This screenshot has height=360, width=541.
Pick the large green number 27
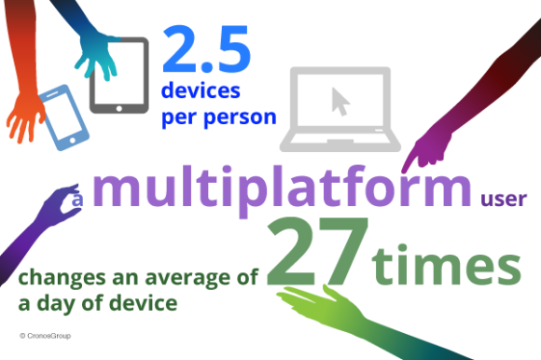(x=318, y=253)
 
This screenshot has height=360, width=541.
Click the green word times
(x=447, y=265)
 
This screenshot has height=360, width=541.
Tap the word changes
(x=54, y=279)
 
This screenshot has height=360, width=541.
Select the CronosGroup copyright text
(x=45, y=334)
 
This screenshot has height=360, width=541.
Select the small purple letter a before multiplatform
(x=78, y=200)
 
